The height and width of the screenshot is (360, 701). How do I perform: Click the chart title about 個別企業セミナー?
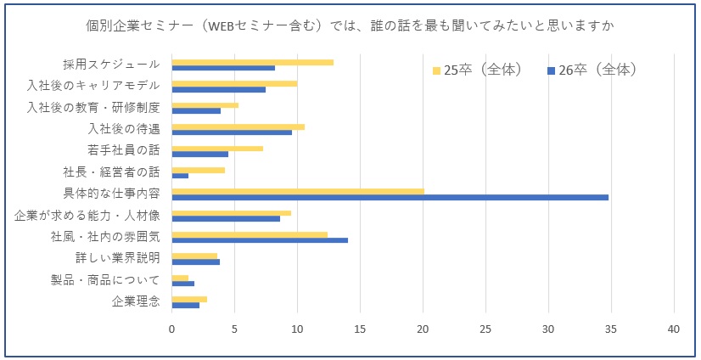point(350,25)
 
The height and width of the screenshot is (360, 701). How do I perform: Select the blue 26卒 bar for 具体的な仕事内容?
point(390,197)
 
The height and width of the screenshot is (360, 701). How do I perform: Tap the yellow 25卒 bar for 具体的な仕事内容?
point(298,191)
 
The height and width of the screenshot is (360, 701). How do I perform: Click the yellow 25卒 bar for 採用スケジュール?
point(252,62)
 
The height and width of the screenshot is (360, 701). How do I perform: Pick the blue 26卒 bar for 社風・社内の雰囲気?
point(260,240)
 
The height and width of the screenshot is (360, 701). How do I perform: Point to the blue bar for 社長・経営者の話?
point(180,176)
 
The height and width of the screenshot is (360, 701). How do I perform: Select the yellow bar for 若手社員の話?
point(217,149)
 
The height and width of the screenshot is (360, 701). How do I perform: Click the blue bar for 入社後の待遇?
point(232,132)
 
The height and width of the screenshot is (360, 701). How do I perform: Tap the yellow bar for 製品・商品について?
point(180,278)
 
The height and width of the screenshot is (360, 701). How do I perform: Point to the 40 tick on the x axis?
point(674,329)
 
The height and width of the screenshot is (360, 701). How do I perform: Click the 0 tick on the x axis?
point(172,329)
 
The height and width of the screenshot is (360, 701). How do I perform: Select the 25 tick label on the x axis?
point(486,329)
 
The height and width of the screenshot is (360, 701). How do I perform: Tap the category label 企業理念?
point(136,301)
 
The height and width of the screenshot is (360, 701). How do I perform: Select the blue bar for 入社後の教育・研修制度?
point(196,110)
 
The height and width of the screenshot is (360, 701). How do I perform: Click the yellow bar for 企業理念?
point(189,299)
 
